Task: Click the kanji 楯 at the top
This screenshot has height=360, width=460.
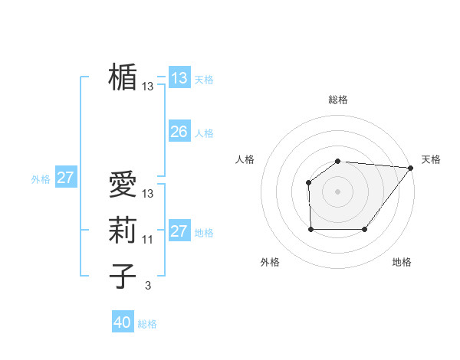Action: pyautogui.click(x=123, y=77)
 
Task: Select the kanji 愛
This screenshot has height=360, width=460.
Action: pyautogui.click(x=123, y=185)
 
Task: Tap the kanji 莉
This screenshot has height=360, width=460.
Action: pyautogui.click(x=123, y=231)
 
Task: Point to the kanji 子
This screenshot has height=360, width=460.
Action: pyautogui.click(x=123, y=276)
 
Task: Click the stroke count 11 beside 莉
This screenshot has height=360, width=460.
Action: pyautogui.click(x=148, y=240)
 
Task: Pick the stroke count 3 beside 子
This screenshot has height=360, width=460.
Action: pyautogui.click(x=148, y=286)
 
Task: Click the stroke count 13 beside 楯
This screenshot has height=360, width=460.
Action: pyautogui.click(x=148, y=87)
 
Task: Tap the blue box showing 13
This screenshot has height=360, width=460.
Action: pyautogui.click(x=179, y=77)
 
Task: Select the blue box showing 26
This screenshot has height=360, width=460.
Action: pyautogui.click(x=179, y=132)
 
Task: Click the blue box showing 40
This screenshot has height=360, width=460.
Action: pyautogui.click(x=123, y=322)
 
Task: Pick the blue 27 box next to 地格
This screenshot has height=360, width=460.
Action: pyautogui.click(x=179, y=231)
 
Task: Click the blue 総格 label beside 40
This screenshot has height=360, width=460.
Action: pyautogui.click(x=147, y=324)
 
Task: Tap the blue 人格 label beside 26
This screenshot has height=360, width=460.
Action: pyautogui.click(x=204, y=133)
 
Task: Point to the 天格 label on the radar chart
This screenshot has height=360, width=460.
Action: pyautogui.click(x=431, y=159)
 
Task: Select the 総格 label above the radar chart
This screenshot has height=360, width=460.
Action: pyautogui.click(x=337, y=100)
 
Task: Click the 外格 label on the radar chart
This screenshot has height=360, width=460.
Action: pyautogui.click(x=270, y=262)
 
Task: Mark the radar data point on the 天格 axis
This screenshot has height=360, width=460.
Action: pyautogui.click(x=411, y=168)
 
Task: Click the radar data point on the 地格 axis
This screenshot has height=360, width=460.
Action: pyautogui.click(x=365, y=229)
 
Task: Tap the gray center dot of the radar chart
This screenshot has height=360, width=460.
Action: pyautogui.click(x=337, y=191)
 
